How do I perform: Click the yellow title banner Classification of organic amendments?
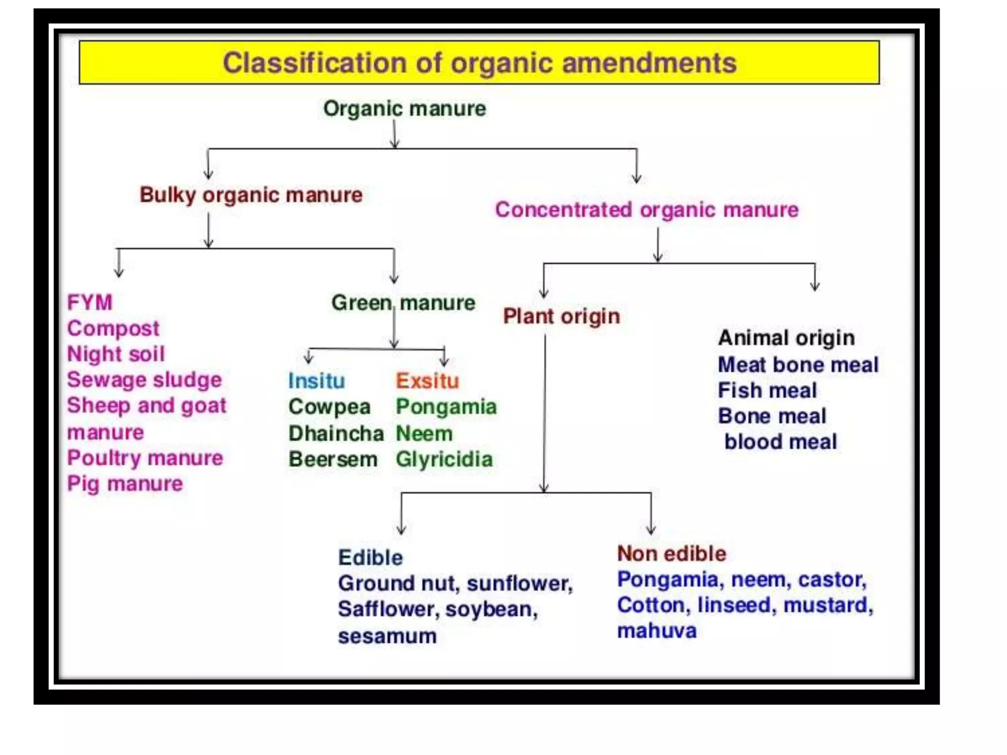[x=479, y=63]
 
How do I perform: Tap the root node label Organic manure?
[x=404, y=109]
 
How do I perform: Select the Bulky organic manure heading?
[x=251, y=195]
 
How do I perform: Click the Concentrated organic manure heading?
[x=647, y=210]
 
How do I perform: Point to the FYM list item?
[x=89, y=302]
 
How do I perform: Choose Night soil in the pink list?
[x=116, y=354]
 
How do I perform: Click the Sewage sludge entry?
[x=144, y=380]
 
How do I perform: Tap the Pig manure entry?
[x=125, y=484]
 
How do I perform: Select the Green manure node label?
[x=403, y=303]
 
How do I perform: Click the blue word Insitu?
[x=316, y=381]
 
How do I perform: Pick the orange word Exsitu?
[x=427, y=381]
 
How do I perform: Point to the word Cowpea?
[x=329, y=407]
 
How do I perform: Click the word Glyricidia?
[x=444, y=460]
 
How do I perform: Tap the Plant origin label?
[x=562, y=317]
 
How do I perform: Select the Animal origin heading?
[x=786, y=338]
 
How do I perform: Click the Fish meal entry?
[x=767, y=391]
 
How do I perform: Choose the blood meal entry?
[x=780, y=442]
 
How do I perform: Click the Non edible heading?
[x=672, y=554]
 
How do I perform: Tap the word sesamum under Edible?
[x=387, y=636]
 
